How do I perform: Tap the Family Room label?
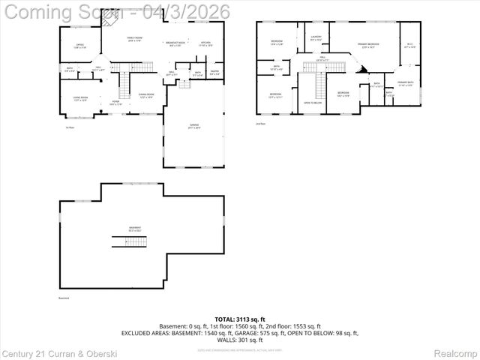click(134, 38)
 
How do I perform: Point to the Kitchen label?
click(205, 43)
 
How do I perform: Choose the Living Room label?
click(79, 98)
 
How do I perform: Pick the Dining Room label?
click(146, 95)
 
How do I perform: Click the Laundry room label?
click(316, 38)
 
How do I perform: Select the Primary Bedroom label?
click(368, 46)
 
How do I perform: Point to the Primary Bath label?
click(406, 82)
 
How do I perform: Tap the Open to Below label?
click(311, 101)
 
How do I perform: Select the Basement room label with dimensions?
click(135, 229)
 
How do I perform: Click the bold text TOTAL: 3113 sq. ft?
click(240, 319)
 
